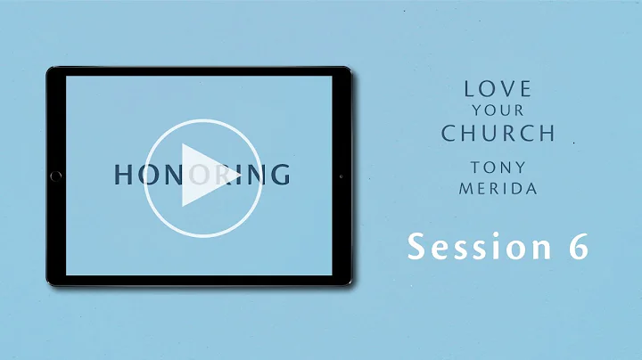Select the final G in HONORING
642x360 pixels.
coord(279,175)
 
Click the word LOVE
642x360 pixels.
coord(498,89)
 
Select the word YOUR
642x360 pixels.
coord(498,112)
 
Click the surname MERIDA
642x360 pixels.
coord(498,190)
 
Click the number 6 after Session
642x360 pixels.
coord(578,247)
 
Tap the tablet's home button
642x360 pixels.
coord(57,176)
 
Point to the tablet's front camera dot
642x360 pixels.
coord(341,176)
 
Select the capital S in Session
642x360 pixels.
coord(416,247)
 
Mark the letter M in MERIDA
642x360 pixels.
coord(465,190)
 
